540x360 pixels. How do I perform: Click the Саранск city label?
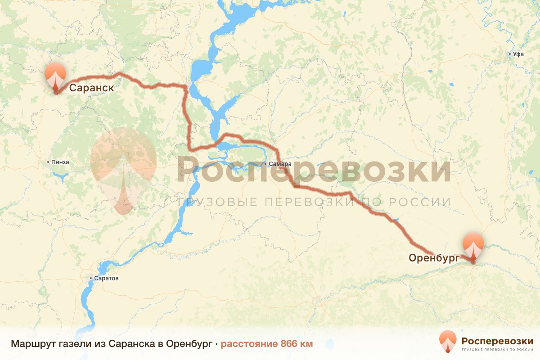(91, 88)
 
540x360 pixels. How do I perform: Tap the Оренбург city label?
(433, 258)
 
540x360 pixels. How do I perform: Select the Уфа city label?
(518, 54)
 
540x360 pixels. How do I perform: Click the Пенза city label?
(60, 162)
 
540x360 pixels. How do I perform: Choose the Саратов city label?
(106, 279)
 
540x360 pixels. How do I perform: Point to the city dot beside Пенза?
(49, 162)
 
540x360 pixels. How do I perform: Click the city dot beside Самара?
(265, 164)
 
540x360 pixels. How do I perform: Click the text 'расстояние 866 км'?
(266, 344)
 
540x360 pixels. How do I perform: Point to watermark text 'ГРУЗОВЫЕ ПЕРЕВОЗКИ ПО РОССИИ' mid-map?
(314, 202)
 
